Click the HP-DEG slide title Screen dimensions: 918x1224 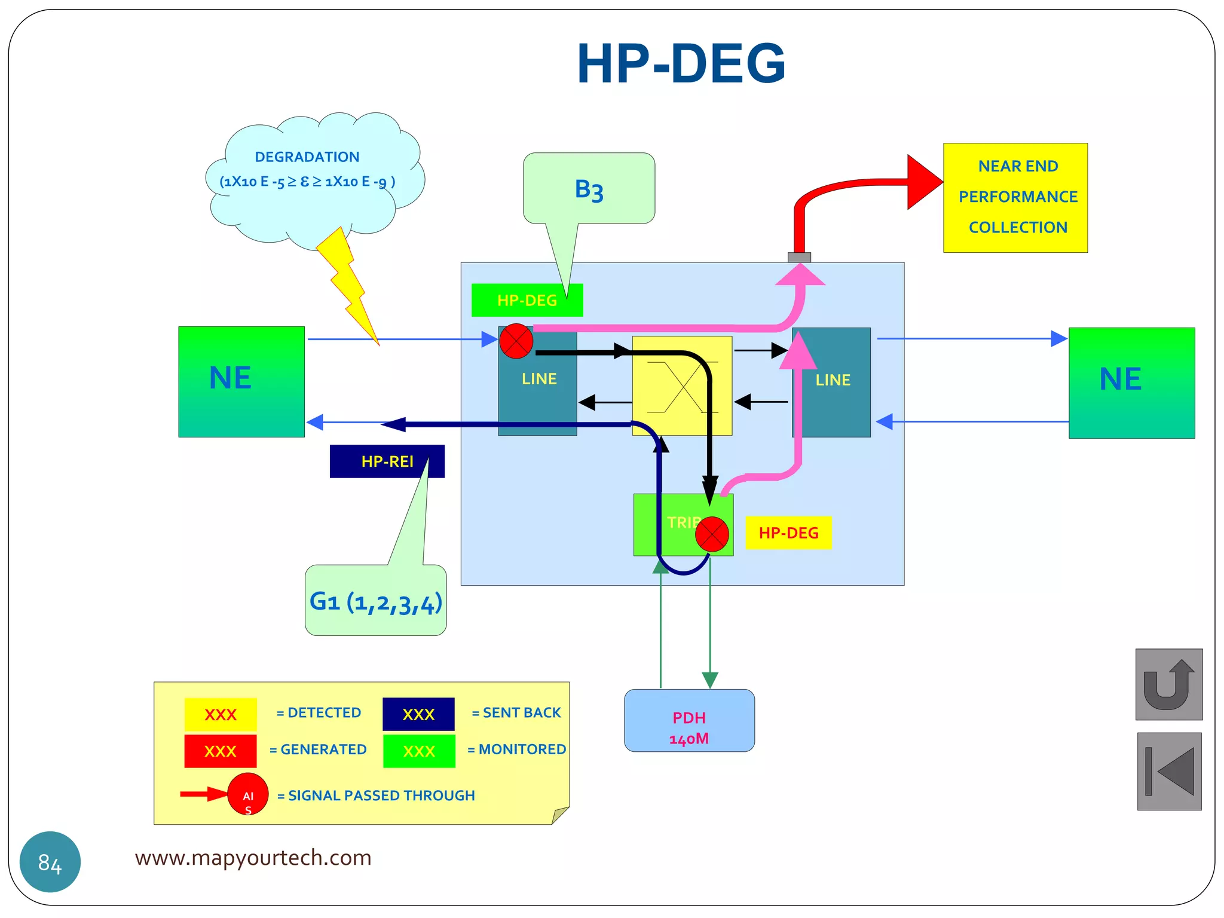tap(681, 63)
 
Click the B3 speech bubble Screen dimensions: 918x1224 tap(589, 189)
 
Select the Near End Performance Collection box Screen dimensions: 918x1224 tap(1015, 197)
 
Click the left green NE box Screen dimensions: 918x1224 tap(241, 381)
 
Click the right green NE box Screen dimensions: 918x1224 tap(1131, 382)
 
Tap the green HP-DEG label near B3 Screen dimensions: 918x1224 tap(527, 300)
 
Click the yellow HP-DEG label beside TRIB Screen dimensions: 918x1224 tap(788, 533)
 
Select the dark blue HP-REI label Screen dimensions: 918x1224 tap(387, 461)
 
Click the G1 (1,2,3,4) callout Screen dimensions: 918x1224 tap(375, 601)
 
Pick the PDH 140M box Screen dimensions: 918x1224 tap(688, 721)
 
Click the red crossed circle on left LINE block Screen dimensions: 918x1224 tap(516, 341)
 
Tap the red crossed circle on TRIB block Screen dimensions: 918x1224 tap(711, 534)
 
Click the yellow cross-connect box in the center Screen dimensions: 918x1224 tap(682, 386)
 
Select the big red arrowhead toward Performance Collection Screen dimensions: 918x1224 tap(922, 182)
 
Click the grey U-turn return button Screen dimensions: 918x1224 tap(1168, 684)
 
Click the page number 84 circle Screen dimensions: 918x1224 tap(50, 862)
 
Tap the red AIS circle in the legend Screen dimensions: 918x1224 tap(247, 794)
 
